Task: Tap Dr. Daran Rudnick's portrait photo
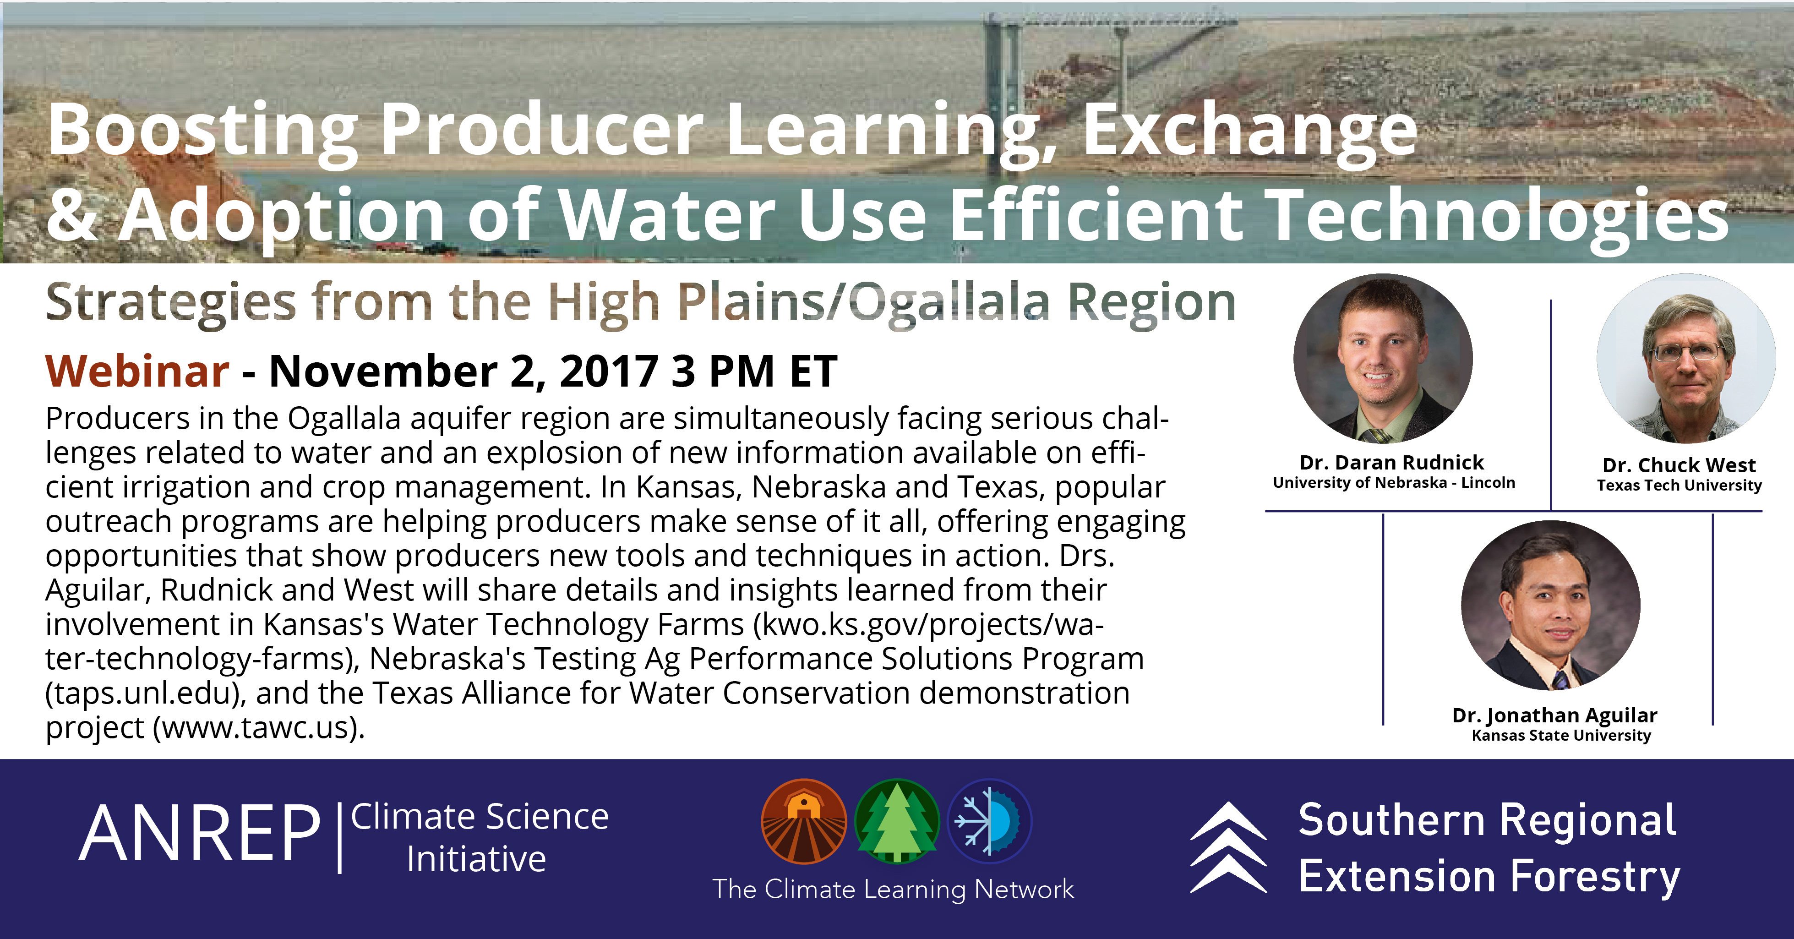(1382, 358)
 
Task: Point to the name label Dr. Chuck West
(1679, 464)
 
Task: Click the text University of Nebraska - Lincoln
(1394, 483)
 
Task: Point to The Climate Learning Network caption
(893, 889)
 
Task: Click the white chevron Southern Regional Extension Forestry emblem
(1228, 847)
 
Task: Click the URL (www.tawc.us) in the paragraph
(258, 727)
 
